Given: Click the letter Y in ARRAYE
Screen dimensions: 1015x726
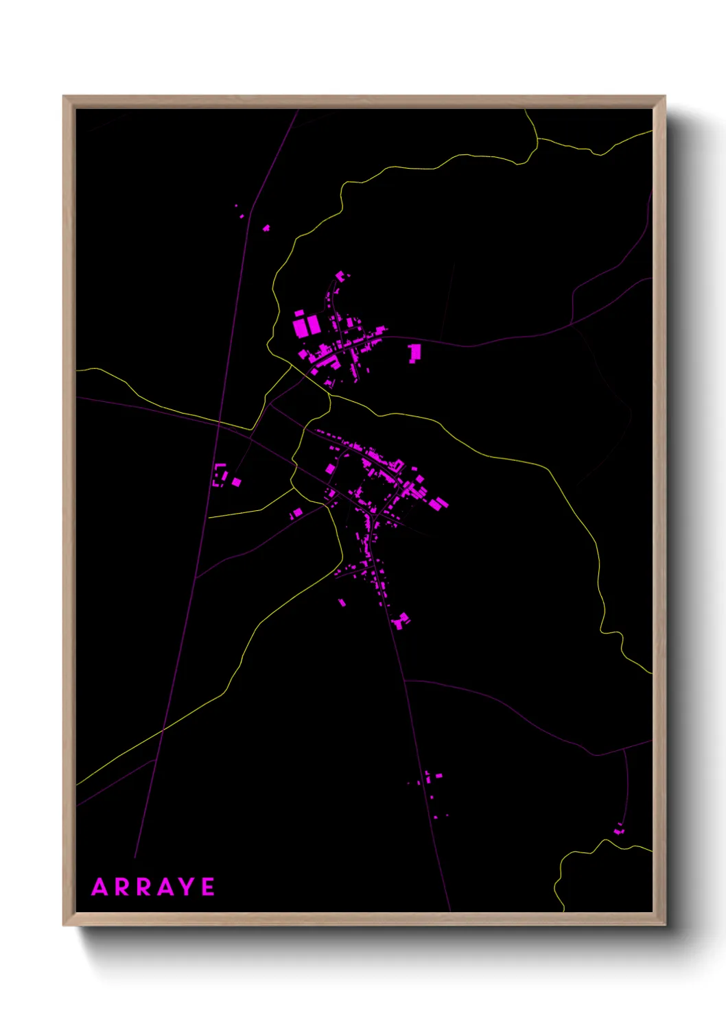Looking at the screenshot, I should [185, 887].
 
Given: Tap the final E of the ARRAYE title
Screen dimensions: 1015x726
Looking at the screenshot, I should [208, 887].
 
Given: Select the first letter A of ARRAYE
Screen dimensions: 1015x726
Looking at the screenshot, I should [100, 887].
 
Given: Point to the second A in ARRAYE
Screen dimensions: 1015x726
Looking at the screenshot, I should [165, 887].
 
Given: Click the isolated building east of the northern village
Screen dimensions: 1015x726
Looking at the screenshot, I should [414, 353].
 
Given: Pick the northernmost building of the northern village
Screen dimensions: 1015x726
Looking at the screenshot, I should [340, 276].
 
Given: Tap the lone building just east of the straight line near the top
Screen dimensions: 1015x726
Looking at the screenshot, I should [266, 228].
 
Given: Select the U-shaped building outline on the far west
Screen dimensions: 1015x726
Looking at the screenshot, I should [220, 475].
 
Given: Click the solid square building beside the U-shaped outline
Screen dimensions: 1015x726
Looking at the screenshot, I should [236, 482].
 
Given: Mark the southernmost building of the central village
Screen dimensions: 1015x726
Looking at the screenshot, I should [401, 621].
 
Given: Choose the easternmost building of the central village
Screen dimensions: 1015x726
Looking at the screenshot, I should [439, 504].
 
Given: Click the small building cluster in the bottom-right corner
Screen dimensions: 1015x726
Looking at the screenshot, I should [619, 831].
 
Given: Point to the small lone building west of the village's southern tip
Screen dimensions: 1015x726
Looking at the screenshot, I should [342, 603].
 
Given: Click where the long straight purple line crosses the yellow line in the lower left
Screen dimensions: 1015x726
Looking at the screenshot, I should [163, 731].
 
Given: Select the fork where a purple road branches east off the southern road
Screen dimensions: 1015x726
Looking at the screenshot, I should [406, 680].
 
